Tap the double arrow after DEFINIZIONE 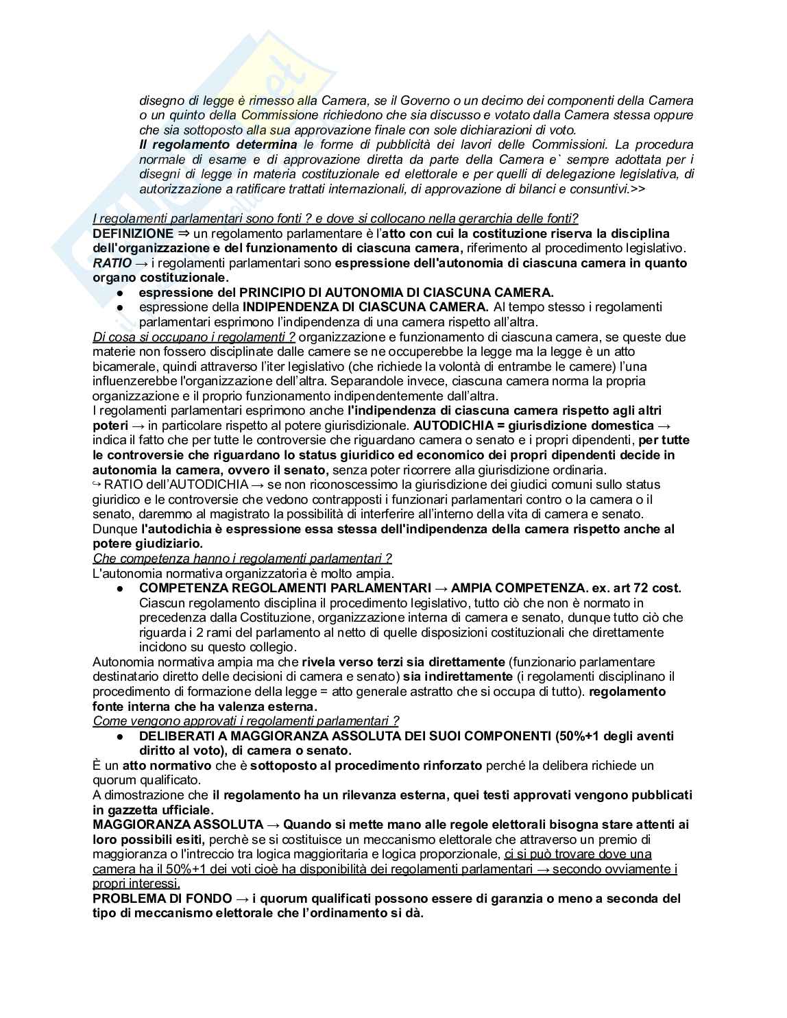click(182, 233)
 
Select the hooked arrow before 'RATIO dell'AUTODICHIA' click(96, 485)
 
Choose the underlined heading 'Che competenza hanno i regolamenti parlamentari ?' click(242, 559)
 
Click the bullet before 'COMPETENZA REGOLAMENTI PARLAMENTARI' click(119, 589)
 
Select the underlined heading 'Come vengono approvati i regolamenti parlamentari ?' click(245, 720)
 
